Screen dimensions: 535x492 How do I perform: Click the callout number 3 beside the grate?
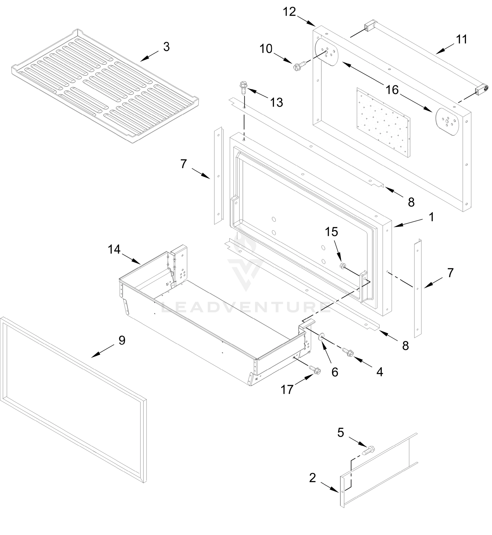coord(166,47)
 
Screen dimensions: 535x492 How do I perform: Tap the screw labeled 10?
coord(299,65)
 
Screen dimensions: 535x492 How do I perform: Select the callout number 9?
coord(122,340)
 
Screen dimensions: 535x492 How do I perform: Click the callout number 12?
coord(289,12)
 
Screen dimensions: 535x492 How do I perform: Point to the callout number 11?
coord(462,39)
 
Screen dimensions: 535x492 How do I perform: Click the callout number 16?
coord(392,90)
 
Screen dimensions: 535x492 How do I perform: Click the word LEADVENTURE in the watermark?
coord(246,307)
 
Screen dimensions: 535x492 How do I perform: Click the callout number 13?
coord(276,103)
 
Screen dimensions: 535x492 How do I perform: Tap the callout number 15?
coord(332,232)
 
